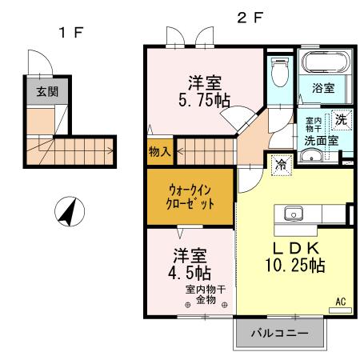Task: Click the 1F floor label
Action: pos(70,33)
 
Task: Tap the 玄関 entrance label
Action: pos(46,92)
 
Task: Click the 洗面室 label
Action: pos(321,140)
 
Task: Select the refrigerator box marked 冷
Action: pos(281,164)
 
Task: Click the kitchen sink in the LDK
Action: pos(291,214)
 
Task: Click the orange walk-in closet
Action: pos(190,197)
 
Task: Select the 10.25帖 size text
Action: pos(295,265)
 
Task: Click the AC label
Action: pos(340,302)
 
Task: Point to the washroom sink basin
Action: pos(311,157)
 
